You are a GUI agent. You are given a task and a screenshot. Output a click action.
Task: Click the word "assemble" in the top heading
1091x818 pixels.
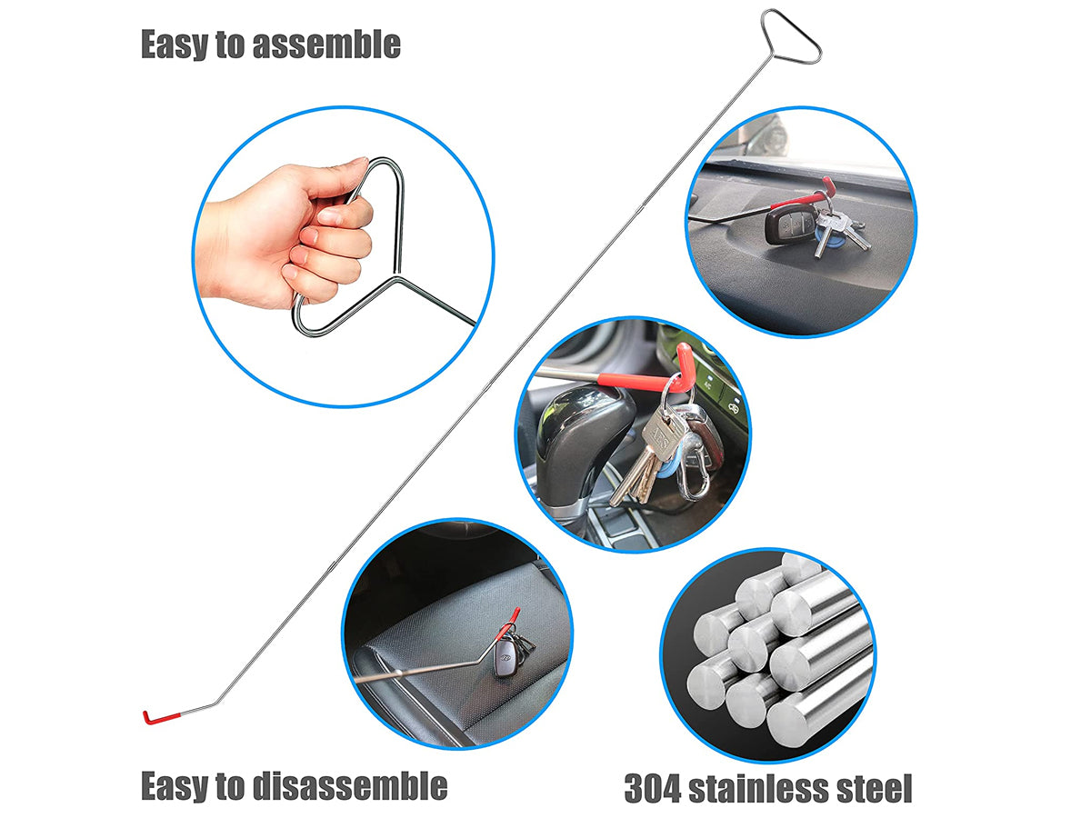(x=326, y=45)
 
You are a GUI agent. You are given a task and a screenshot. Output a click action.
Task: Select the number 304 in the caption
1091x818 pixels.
(x=653, y=788)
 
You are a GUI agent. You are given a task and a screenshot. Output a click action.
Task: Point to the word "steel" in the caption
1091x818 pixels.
(x=879, y=788)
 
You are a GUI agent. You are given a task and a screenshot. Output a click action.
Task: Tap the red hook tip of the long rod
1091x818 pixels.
(x=160, y=717)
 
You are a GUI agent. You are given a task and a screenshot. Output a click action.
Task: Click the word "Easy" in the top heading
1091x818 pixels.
(x=174, y=45)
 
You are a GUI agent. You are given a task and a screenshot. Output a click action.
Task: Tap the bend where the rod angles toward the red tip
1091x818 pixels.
(x=216, y=702)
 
